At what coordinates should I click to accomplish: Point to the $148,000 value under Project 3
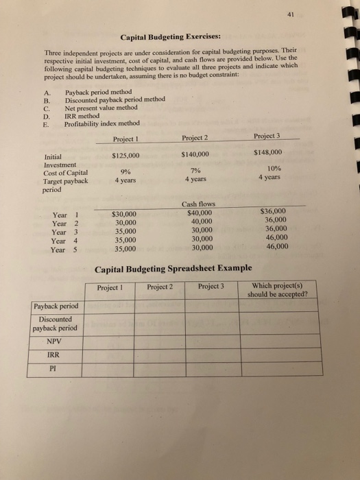[267, 152]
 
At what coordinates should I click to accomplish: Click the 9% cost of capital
[126, 171]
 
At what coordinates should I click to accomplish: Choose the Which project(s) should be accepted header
[279, 289]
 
